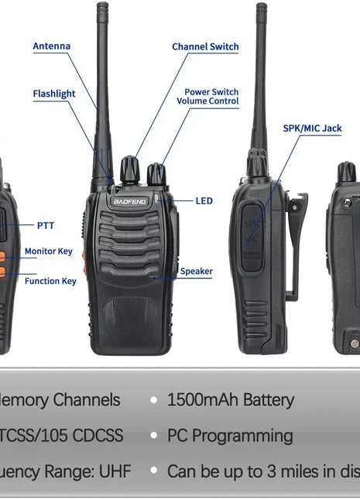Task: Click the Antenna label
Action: point(51,46)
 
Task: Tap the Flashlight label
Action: point(54,94)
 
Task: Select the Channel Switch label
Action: point(205,47)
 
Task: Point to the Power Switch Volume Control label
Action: point(207,97)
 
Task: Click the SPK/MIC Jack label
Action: point(312,128)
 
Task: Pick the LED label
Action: point(204,201)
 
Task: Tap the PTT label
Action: point(46,226)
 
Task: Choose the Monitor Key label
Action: point(48,251)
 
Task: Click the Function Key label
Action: point(50,281)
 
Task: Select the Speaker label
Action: point(196,272)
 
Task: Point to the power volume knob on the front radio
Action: point(157,174)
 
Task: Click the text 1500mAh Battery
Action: point(230,400)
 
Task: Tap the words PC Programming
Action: point(230,436)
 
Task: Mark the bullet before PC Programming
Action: point(154,436)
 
